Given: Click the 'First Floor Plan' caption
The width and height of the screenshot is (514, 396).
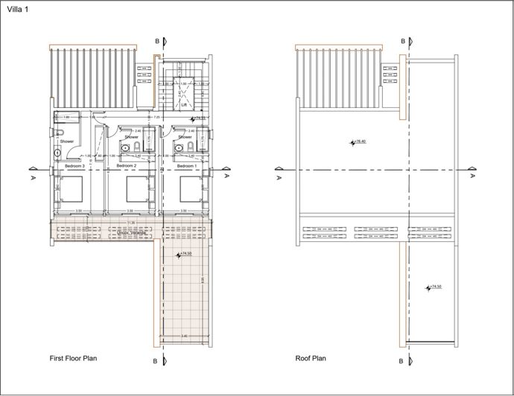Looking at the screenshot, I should click(x=73, y=358).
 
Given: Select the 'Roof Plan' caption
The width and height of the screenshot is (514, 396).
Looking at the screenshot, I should click(x=311, y=358).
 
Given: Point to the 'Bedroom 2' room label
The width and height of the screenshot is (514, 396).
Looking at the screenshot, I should click(x=127, y=165).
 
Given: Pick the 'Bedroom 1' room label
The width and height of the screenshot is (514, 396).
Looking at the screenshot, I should click(x=185, y=165).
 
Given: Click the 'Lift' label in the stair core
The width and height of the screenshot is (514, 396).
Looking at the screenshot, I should click(x=183, y=106).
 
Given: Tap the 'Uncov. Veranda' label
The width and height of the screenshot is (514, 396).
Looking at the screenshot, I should click(x=132, y=232).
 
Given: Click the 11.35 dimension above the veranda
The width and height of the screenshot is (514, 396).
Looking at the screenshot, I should click(x=131, y=222).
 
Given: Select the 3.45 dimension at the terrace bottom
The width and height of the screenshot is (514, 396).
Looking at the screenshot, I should click(x=183, y=337).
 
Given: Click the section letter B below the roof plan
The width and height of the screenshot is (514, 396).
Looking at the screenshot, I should click(x=402, y=362).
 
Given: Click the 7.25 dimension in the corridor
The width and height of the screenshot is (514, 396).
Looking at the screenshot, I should click(x=157, y=117).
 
